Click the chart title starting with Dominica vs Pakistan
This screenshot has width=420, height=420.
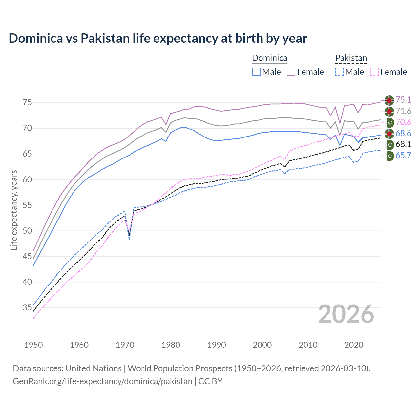coord(158,38)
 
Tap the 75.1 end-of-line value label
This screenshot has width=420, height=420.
coord(403,100)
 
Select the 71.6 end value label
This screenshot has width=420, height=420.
coord(403,111)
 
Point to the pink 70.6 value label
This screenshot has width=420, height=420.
coord(403,122)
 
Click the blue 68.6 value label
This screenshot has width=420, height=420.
coord(403,133)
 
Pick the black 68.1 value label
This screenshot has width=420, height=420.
coord(403,144)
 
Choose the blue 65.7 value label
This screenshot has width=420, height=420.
coord(403,156)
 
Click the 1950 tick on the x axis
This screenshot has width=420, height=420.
coord(33,345)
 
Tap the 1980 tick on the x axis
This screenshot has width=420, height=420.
coord(171,345)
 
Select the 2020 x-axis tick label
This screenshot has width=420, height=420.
coord(354,345)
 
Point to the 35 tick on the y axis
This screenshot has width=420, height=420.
coord(27,308)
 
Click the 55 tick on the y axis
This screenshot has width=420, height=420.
coord(27,205)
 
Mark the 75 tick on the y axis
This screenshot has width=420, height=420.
coord(27,103)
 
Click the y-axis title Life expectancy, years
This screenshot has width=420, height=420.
coord(14,210)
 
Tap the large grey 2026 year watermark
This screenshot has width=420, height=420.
coord(346,314)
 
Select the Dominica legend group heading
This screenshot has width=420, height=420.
coord(269,58)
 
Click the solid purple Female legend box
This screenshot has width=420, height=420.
coord(291,72)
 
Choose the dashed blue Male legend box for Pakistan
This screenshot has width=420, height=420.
coord(339,72)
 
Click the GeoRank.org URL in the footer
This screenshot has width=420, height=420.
coord(102,381)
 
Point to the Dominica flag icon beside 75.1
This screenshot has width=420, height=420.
coord(389,100)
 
